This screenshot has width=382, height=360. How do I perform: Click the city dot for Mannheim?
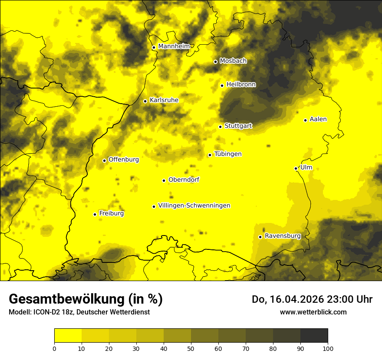[154, 48]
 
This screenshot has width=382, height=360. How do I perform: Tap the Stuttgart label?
[238, 126]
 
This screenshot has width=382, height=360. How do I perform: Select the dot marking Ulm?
[296, 168]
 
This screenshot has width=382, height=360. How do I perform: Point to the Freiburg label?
[111, 213]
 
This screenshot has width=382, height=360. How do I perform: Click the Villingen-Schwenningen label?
[194, 206]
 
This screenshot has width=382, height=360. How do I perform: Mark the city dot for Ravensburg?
[260, 237]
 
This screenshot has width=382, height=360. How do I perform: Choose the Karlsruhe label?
[164, 100]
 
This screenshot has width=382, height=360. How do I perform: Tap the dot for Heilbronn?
[222, 85]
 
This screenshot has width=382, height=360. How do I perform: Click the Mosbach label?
[233, 61]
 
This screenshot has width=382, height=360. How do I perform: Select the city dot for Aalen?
[305, 120]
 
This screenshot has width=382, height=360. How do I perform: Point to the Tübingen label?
[227, 154]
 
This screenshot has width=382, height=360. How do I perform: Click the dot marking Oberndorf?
[164, 180]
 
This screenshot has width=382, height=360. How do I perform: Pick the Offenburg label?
[123, 160]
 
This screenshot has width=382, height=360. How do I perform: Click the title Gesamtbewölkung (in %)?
[86, 299]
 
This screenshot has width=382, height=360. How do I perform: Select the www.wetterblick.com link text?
[313, 312]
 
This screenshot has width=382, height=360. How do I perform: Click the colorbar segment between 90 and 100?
[314, 336]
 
